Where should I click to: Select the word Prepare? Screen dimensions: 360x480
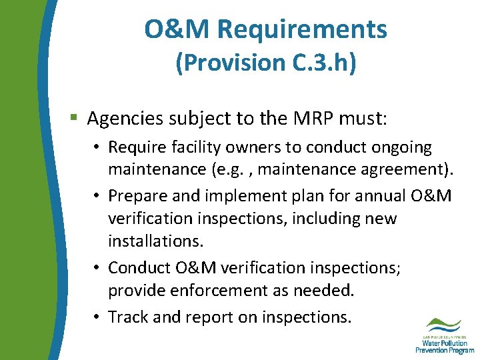pyautogui.click(x=135, y=196)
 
